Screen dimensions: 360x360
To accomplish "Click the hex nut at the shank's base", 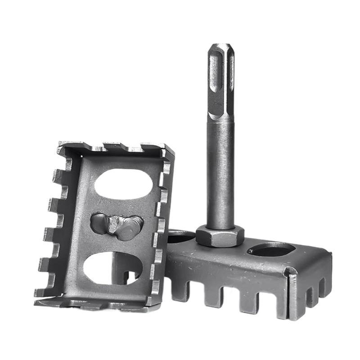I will (220, 236).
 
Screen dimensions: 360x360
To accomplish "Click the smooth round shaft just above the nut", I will (220, 180).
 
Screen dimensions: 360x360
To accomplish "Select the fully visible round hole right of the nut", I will (271, 249).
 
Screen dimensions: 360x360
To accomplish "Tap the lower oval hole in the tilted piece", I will (112, 267).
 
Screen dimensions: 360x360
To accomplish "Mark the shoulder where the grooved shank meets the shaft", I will (220, 118).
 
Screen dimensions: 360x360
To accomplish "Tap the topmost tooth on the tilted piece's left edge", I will (58, 176).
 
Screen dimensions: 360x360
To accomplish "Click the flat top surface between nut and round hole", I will (245, 254).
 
